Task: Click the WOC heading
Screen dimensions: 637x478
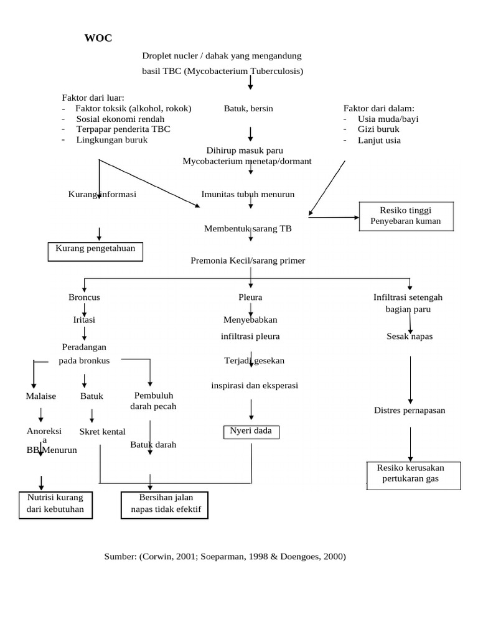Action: (x=98, y=39)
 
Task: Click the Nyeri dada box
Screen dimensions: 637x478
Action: (x=251, y=431)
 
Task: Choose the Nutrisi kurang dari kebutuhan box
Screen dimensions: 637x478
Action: (x=55, y=504)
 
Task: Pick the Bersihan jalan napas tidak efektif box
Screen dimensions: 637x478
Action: (x=165, y=504)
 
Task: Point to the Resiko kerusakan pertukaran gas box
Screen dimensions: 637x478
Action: (x=413, y=475)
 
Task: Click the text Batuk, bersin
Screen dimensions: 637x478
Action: (x=248, y=108)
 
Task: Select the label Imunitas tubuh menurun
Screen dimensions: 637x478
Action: (x=248, y=194)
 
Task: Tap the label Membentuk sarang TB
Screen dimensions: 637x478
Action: (x=248, y=228)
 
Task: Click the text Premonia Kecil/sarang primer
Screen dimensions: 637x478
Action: (x=248, y=261)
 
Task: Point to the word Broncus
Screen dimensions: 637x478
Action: (x=84, y=297)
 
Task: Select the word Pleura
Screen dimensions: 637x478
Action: (x=250, y=297)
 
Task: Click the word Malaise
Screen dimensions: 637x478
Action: (x=41, y=396)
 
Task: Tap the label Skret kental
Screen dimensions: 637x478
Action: (x=102, y=432)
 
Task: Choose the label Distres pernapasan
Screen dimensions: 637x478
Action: (x=410, y=411)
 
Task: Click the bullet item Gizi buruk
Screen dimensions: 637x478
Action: (x=378, y=129)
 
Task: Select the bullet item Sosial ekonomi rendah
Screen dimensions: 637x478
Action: (x=120, y=119)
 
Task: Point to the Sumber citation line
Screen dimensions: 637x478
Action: (x=225, y=557)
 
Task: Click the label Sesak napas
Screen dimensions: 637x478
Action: (x=409, y=337)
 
